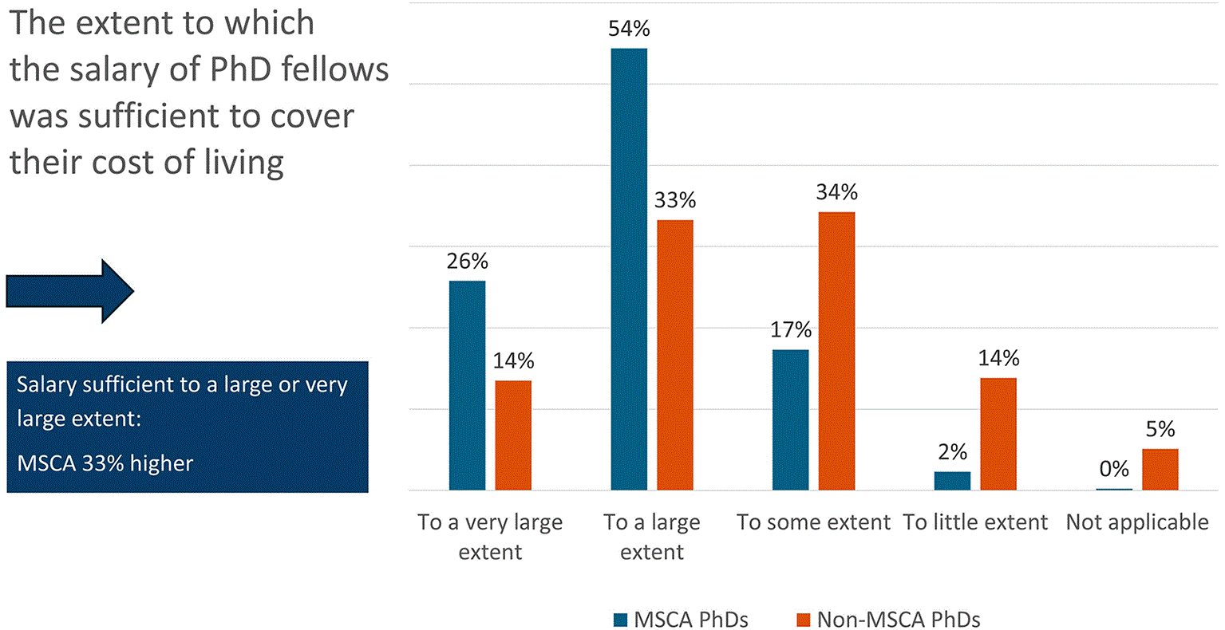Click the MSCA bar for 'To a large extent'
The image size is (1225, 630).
[x=629, y=270]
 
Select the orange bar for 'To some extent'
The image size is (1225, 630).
[x=836, y=352]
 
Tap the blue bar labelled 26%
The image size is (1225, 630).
[x=467, y=386]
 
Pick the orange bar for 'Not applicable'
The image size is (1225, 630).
[x=1160, y=470]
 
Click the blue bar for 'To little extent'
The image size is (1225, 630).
[x=952, y=481]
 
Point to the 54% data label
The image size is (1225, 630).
[x=629, y=29]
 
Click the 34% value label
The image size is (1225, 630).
[x=836, y=192]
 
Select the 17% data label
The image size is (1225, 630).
[x=791, y=330]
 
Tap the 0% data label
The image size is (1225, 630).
[x=1114, y=469]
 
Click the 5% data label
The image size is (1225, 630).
[x=1160, y=430]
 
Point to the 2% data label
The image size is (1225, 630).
[x=952, y=452]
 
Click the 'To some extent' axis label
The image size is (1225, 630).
[x=814, y=522]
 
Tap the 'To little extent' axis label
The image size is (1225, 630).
[x=975, y=522]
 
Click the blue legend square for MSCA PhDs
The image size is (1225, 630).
[x=620, y=620]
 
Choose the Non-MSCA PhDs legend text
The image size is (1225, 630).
[x=899, y=620]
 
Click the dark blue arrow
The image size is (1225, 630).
[x=70, y=291]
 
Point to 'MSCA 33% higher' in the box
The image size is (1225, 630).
[x=105, y=464]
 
